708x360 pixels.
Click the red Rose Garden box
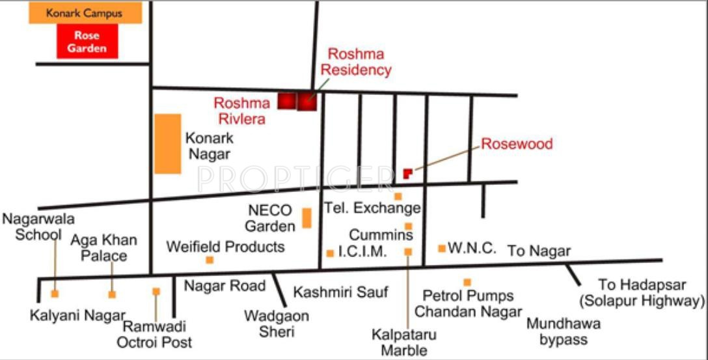(x=87, y=42)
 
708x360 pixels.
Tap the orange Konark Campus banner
(x=85, y=13)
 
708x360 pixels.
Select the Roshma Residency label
(x=359, y=62)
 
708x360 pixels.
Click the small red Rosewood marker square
(x=407, y=173)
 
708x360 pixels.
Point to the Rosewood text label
(x=517, y=144)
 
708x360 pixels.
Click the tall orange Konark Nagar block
(x=168, y=144)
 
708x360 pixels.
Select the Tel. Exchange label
(x=373, y=208)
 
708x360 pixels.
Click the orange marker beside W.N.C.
(x=442, y=248)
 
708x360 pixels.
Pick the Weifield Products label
(x=225, y=247)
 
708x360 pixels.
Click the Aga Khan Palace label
(x=104, y=247)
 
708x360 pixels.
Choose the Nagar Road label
(x=225, y=286)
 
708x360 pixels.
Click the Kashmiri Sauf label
(x=340, y=292)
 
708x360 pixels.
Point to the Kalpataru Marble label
(x=404, y=342)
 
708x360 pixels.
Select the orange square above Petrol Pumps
(x=467, y=282)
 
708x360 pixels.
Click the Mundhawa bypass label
(x=564, y=331)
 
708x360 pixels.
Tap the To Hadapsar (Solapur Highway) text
(x=642, y=293)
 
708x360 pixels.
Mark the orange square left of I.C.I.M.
(x=330, y=253)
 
